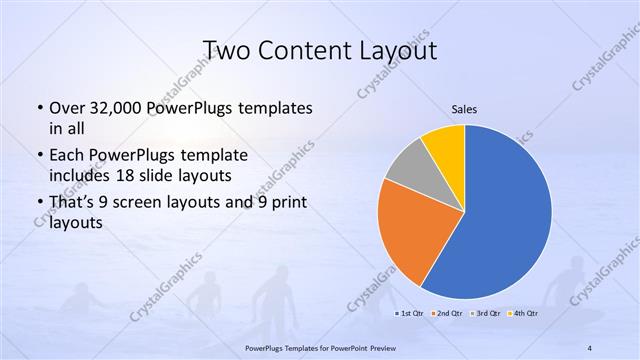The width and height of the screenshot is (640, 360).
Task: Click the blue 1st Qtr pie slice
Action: click(x=505, y=215)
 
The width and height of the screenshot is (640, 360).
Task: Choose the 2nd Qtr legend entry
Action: click(x=448, y=314)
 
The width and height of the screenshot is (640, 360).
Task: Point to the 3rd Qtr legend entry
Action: click(x=487, y=314)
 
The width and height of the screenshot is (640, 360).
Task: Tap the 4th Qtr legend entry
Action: click(x=526, y=314)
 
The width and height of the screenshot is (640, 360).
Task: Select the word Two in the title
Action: click(x=226, y=50)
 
